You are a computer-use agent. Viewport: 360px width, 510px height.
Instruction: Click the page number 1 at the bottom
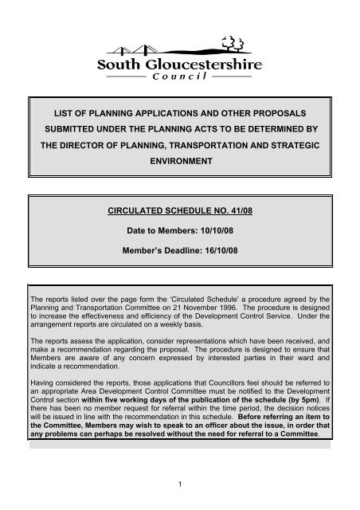[180, 485]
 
